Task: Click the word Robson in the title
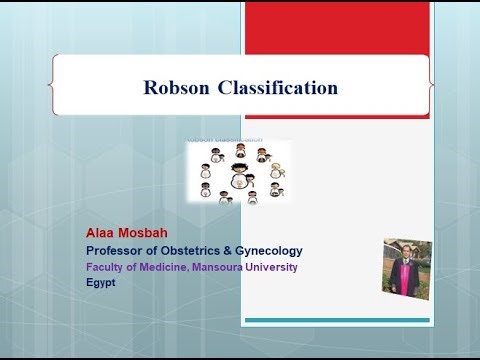[179, 88]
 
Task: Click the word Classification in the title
[277, 88]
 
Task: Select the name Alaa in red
[103, 232]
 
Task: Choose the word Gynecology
[270, 250]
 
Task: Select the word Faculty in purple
[106, 267]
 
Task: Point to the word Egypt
[101, 283]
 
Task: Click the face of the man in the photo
[406, 251]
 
